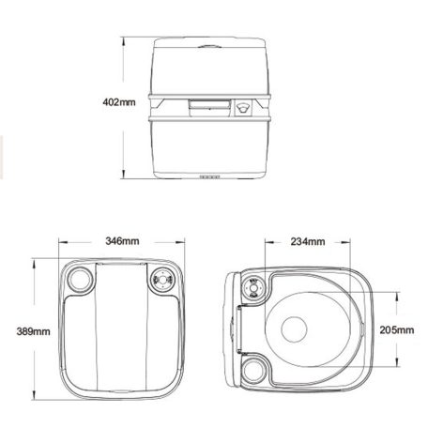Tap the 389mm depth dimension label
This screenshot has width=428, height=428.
[x=20, y=331]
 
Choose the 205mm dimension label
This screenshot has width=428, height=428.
[x=397, y=330]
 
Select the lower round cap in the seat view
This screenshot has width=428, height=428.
[x=252, y=369]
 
